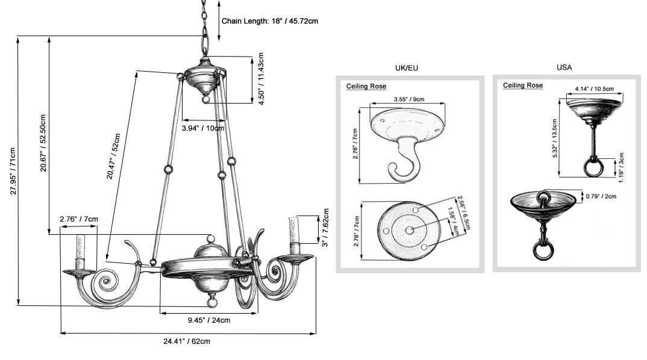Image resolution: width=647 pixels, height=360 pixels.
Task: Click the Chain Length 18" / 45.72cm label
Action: tap(270, 20)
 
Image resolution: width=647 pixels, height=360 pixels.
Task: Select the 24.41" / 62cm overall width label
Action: tap(187, 341)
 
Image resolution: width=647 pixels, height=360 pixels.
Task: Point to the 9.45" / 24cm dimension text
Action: tap(208, 320)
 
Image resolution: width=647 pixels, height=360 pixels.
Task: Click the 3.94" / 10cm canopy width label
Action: tap(203, 128)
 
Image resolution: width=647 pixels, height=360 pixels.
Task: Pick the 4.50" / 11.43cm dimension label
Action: tap(261, 81)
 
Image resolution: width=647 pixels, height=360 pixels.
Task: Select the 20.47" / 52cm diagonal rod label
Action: tap(114, 157)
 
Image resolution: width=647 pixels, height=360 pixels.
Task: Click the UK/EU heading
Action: tap(406, 67)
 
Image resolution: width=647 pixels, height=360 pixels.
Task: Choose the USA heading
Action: tap(564, 67)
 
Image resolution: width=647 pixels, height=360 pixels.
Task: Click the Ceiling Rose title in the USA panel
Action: tap(523, 85)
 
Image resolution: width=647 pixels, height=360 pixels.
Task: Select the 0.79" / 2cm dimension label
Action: tap(601, 196)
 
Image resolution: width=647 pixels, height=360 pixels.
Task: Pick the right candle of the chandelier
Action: tap(295, 235)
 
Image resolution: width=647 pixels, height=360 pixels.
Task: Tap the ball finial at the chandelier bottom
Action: tap(211, 299)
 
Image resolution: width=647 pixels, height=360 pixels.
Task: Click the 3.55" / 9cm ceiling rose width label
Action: tap(409, 99)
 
